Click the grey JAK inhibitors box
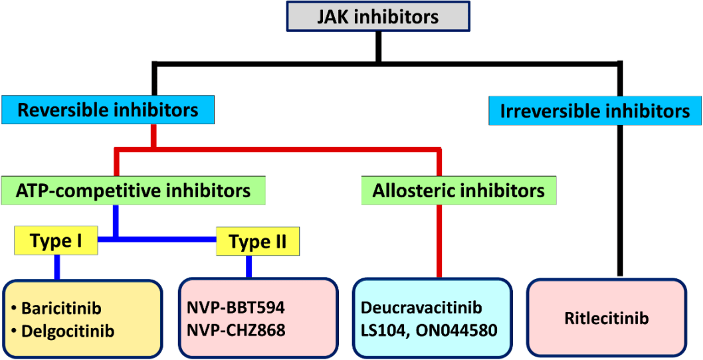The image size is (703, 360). point(379,17)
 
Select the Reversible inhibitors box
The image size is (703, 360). point(108,110)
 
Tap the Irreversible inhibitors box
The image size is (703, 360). point(595,110)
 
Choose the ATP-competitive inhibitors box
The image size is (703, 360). point(133,191)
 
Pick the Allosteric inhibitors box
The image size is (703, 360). point(459,191)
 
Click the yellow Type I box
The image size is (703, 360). point(56,240)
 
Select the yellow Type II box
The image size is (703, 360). point(258,240)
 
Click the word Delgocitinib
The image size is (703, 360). point(68,331)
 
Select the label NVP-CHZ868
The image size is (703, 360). point(235,331)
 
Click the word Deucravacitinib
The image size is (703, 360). point(421,308)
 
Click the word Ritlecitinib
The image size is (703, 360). point(607,319)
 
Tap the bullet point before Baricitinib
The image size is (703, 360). point(15,310)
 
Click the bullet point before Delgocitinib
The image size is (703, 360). point(15,332)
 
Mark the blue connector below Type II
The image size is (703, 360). point(249,266)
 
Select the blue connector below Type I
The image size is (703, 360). point(57,266)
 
